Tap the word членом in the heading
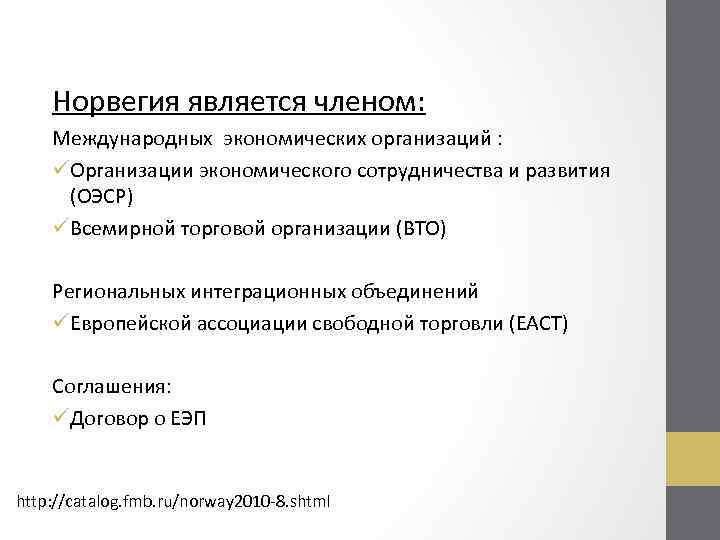(370, 101)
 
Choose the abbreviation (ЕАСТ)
(539, 324)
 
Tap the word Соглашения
(112, 386)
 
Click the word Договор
(109, 419)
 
